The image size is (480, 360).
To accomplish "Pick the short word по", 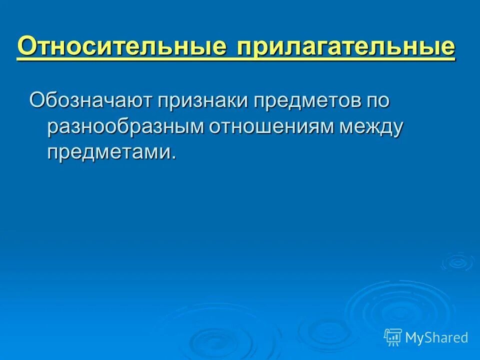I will click(377, 100).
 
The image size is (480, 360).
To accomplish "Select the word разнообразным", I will click(125, 127).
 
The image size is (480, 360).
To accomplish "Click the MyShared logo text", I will click(436, 337).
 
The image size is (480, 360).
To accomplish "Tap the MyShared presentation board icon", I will click(393, 337).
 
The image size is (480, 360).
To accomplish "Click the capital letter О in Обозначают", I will click(38, 99).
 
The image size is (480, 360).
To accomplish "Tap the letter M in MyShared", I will click(413, 337).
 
